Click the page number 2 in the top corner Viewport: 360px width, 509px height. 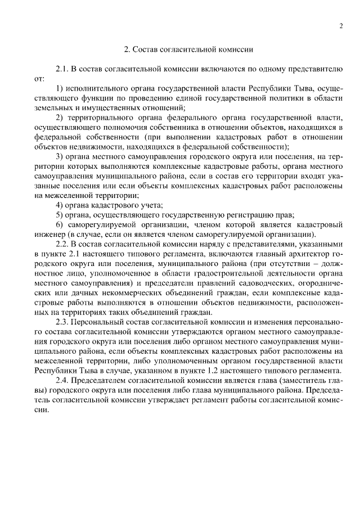[x=341, y=26]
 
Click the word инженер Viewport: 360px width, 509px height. [x=49, y=235]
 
